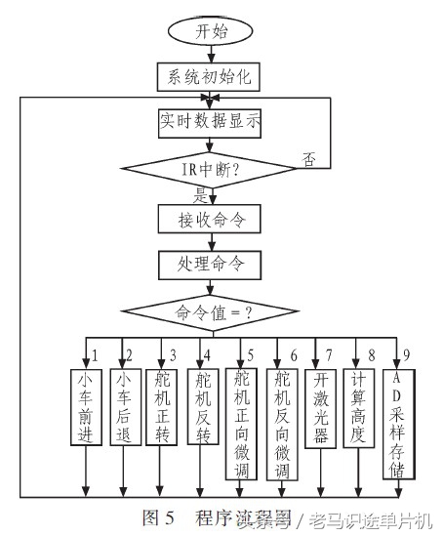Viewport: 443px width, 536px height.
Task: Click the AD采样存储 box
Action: [x=398, y=423]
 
